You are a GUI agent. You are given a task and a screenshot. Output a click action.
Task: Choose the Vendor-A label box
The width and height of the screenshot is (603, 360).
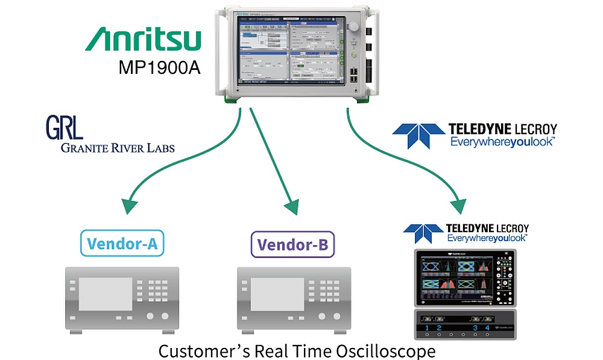(122, 244)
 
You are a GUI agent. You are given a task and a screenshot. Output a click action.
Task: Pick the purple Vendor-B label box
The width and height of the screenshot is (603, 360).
(292, 244)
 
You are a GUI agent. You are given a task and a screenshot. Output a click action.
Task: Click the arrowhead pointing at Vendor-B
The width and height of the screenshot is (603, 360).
(291, 208)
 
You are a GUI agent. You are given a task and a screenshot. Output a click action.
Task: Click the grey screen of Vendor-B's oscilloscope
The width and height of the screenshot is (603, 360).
(277, 291)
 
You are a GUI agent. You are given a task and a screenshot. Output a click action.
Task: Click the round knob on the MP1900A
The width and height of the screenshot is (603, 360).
(353, 28)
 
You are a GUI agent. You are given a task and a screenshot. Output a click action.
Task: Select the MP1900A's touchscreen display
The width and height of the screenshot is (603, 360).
(282, 49)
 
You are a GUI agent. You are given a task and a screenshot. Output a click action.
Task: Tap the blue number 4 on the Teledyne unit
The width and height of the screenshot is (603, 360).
(488, 329)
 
